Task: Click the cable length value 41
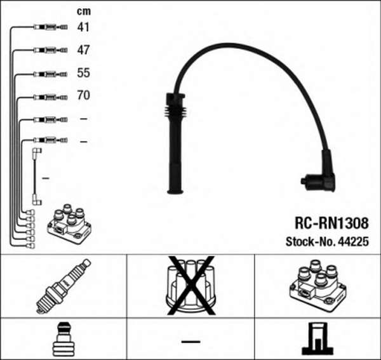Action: (x=83, y=27)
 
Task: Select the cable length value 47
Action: (x=83, y=50)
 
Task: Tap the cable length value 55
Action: (x=83, y=73)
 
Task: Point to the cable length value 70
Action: (x=83, y=96)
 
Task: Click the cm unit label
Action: (x=83, y=11)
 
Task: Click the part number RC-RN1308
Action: (x=330, y=223)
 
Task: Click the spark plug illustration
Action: (x=63, y=285)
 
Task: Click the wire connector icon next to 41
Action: (x=48, y=28)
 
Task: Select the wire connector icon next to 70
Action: (x=48, y=97)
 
